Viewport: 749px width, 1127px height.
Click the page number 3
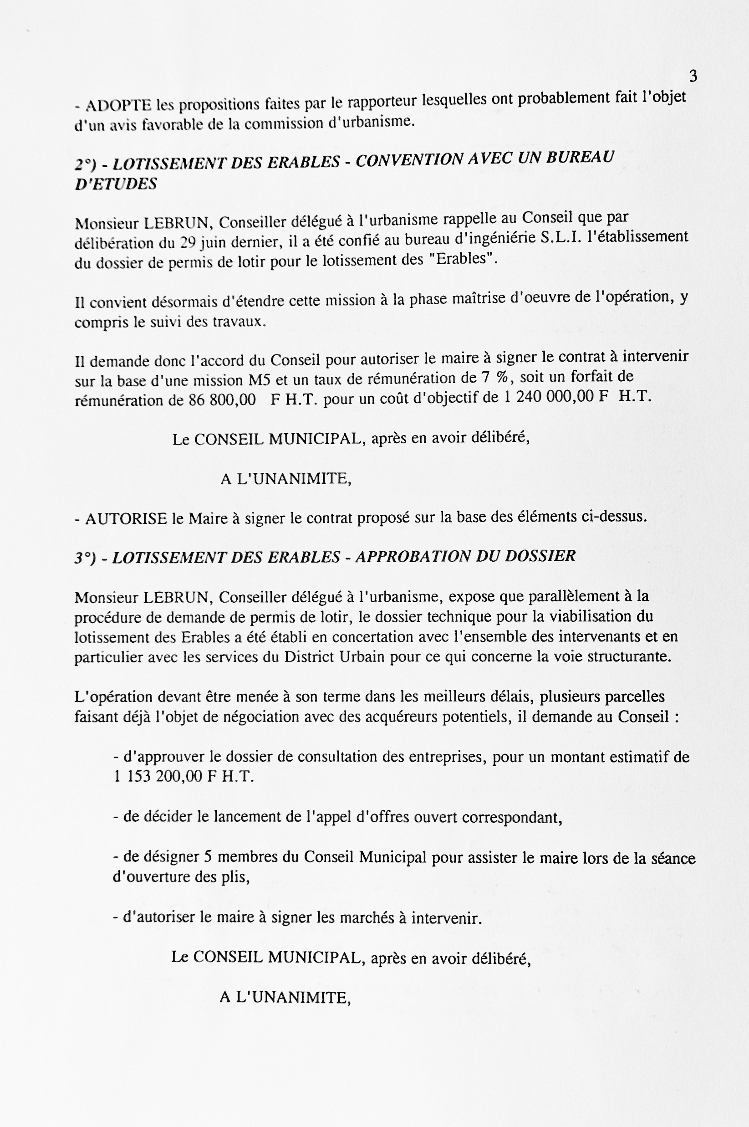click(x=693, y=76)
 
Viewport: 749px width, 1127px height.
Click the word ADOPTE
click(x=118, y=105)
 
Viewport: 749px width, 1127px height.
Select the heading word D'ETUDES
click(x=116, y=184)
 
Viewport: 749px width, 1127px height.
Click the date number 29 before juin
click(x=188, y=243)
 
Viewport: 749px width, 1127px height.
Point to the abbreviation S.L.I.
click(x=560, y=237)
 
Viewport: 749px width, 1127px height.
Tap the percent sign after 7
click(x=502, y=377)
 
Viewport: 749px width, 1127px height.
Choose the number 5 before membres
click(x=208, y=856)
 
